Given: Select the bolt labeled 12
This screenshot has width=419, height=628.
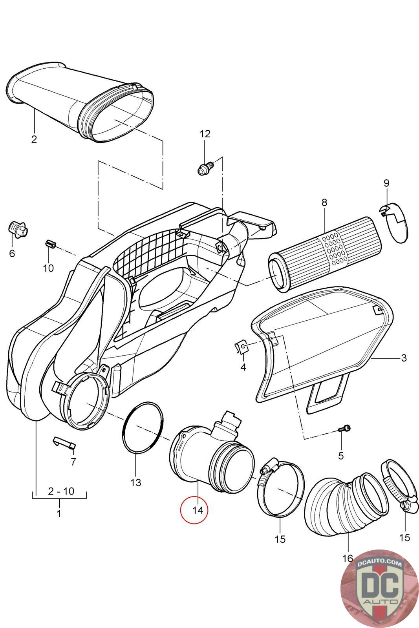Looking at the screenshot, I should tap(205, 169).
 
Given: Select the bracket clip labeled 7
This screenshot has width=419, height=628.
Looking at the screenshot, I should tap(64, 442).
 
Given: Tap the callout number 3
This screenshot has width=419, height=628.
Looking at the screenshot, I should tap(404, 358).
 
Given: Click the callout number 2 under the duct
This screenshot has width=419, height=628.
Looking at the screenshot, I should tap(34, 139).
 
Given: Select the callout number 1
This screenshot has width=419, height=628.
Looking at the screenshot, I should tap(59, 513).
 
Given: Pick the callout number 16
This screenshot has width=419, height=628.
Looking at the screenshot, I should tap(348, 558).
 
